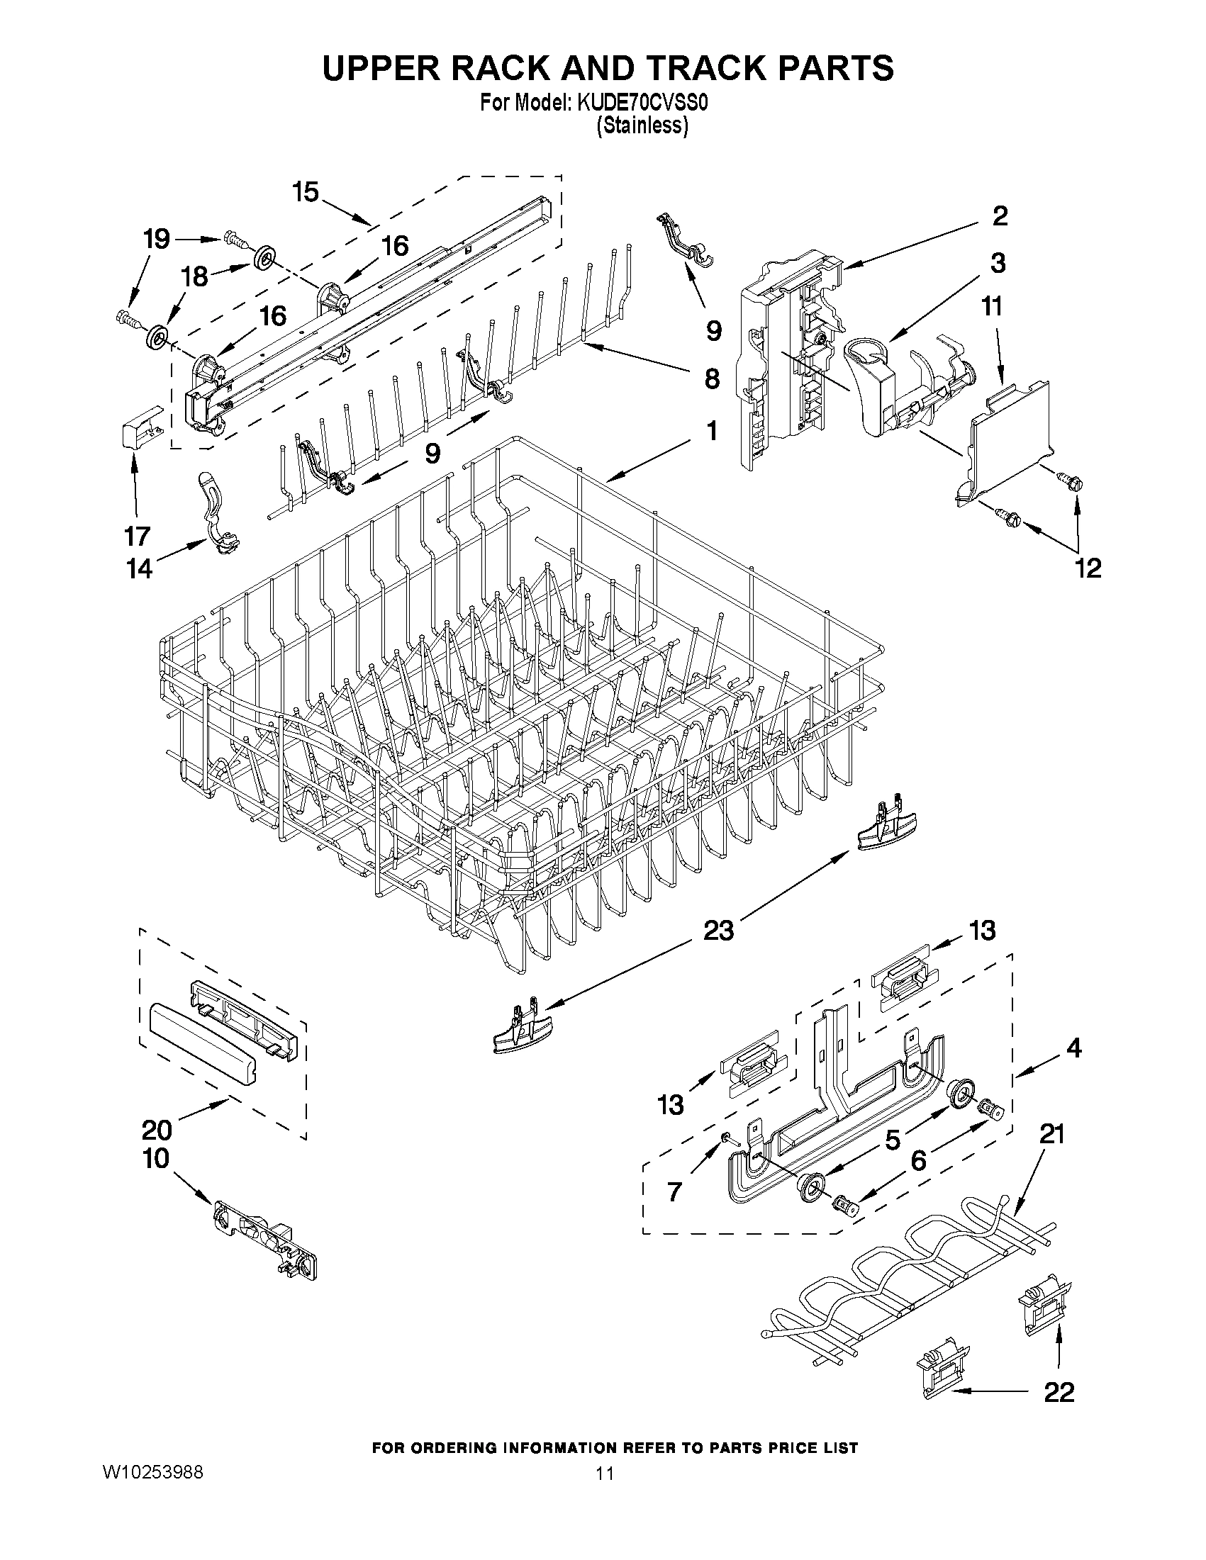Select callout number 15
[306, 192]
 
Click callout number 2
[1000, 215]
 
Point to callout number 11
[992, 306]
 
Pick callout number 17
[137, 535]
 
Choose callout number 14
[140, 568]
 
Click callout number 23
[718, 931]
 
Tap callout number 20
[157, 1129]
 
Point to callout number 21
[1051, 1133]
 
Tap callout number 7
[674, 1192]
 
